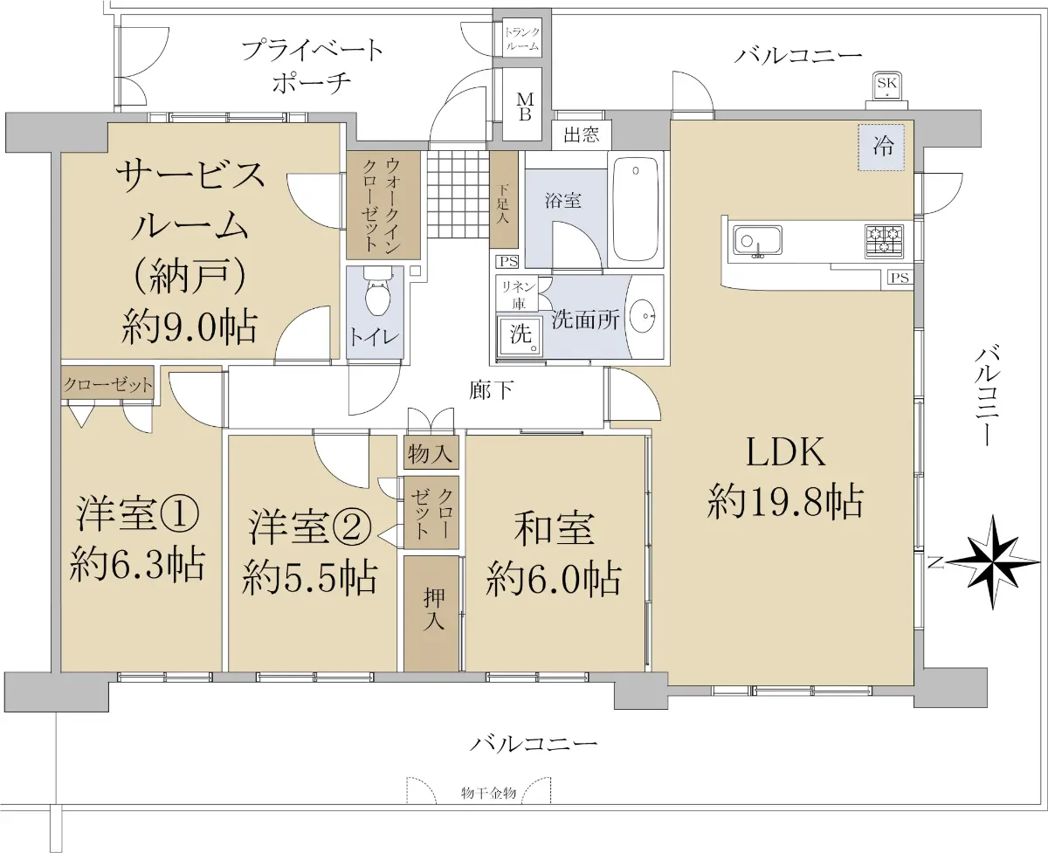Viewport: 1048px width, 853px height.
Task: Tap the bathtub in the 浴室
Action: (635, 210)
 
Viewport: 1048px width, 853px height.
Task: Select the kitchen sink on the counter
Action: (757, 241)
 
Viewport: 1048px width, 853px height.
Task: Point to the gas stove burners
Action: (884, 241)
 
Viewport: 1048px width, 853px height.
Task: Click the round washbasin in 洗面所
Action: (644, 315)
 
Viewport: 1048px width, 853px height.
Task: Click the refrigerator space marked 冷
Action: (881, 147)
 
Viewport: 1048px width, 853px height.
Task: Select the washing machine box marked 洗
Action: (520, 336)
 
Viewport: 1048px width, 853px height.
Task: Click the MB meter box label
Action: (525, 107)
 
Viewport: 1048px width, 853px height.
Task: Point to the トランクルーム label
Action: (522, 39)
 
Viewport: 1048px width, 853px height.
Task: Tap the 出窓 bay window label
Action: (581, 134)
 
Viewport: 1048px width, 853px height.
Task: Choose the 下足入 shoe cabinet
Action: (504, 200)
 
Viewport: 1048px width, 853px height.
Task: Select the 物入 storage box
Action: (431, 452)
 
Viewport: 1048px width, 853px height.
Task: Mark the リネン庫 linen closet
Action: (517, 294)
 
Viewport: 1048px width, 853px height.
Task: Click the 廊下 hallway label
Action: (491, 390)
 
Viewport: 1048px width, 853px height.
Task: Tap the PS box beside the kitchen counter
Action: (900, 278)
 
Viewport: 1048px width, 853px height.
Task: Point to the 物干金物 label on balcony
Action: (488, 793)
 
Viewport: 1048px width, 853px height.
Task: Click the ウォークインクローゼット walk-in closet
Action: (383, 205)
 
